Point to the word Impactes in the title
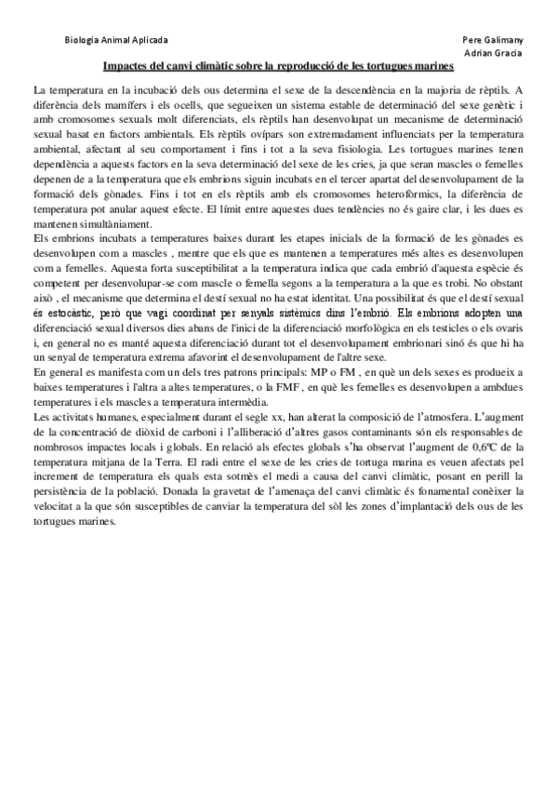click(126, 67)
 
